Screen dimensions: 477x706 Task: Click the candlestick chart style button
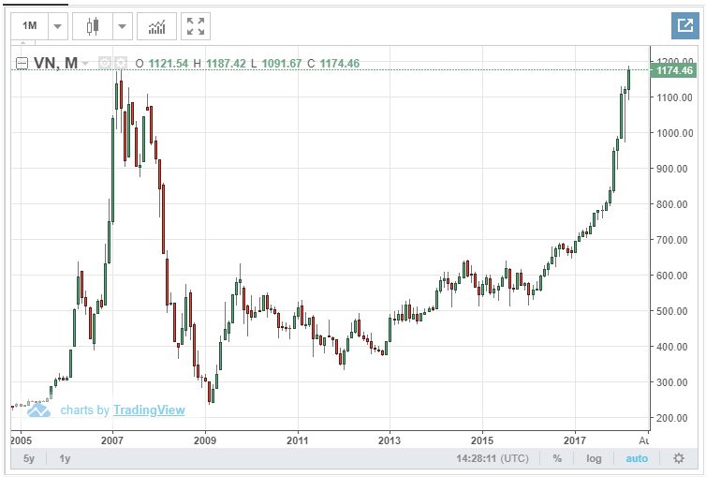(x=92, y=26)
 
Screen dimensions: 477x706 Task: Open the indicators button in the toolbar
(x=156, y=26)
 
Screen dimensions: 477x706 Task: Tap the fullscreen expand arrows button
(x=196, y=26)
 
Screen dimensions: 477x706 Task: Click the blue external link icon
(x=682, y=26)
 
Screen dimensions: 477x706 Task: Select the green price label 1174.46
(x=673, y=70)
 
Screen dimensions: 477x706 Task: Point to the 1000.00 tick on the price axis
(x=673, y=133)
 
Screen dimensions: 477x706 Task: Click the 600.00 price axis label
(x=673, y=276)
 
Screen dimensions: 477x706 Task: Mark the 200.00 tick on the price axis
(x=673, y=418)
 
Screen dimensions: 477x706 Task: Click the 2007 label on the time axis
(x=112, y=439)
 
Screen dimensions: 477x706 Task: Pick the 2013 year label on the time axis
(x=390, y=439)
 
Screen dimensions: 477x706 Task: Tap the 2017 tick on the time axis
(x=575, y=439)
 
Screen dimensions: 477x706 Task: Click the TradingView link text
(x=149, y=410)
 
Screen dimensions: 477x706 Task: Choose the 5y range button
(x=29, y=458)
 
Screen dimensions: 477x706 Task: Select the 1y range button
(x=65, y=458)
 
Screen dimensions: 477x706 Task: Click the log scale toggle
(x=594, y=458)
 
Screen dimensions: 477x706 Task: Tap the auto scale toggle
(x=636, y=458)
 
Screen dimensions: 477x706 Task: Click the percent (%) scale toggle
(x=557, y=458)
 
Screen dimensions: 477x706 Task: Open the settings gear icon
(x=679, y=458)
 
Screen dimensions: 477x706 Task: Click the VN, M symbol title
(x=57, y=63)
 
